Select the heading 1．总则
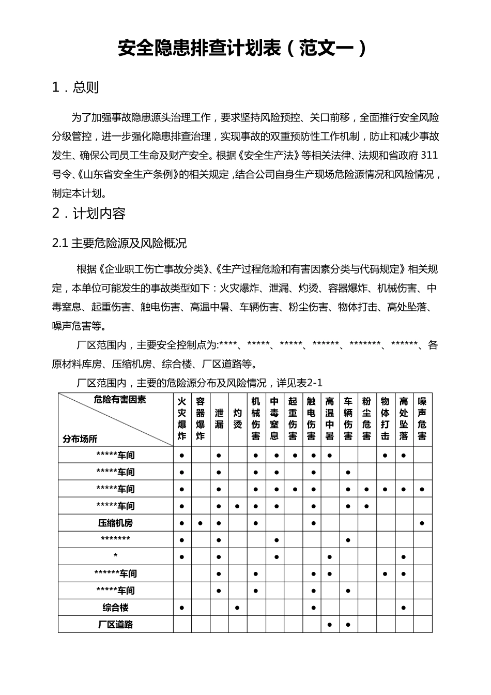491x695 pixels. tap(75, 87)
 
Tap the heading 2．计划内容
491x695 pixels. tap(89, 214)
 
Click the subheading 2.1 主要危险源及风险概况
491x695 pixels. tap(119, 243)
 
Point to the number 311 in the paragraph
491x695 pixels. tap(430, 155)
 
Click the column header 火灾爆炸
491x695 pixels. tap(182, 418)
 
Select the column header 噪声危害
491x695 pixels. tap(422, 418)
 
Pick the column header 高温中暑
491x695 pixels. tap(330, 418)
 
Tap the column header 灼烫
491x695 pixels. tap(237, 418)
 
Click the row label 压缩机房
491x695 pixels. tap(115, 523)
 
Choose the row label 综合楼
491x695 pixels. tap(115, 608)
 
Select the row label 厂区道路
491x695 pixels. tap(115, 624)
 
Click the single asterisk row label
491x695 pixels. tap(115, 556)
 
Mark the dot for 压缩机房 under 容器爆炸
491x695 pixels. tap(201, 523)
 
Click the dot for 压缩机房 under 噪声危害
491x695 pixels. tap(422, 523)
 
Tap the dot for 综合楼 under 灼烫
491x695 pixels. tap(237, 608)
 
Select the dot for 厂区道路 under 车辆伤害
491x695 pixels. tap(348, 625)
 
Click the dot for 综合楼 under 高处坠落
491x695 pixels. tap(404, 608)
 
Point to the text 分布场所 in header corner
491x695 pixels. tap(80, 439)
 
